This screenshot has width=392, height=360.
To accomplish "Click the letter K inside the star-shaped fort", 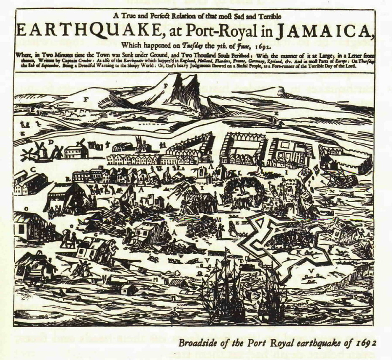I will coord(299,252).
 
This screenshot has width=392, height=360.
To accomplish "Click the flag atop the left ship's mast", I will coord(228,251).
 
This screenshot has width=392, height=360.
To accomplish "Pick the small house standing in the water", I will coord(126,289).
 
